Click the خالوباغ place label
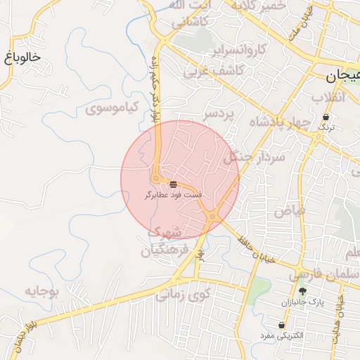[x=22, y=57]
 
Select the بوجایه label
[x=45, y=290]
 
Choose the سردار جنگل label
[x=252, y=157]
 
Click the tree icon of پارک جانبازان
[x=302, y=291]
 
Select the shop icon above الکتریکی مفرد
[x=282, y=325]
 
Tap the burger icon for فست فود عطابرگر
[x=173, y=184]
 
